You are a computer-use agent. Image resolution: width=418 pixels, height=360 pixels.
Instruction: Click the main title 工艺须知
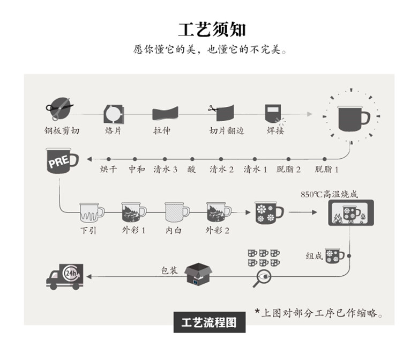(x=212, y=30)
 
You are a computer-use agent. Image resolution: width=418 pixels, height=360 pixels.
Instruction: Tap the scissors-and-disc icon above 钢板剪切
(x=59, y=108)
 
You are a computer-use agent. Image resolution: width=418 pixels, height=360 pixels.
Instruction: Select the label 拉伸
(x=162, y=130)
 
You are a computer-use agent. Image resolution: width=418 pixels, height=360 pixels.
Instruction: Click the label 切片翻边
(x=227, y=130)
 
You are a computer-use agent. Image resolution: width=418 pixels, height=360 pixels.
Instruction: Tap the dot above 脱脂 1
(x=324, y=159)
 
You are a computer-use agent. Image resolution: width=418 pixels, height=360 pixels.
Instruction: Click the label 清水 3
(x=165, y=169)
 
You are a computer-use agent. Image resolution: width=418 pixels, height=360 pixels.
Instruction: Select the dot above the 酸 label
(x=192, y=159)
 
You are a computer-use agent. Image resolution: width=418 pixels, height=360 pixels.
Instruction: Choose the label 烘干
(x=108, y=169)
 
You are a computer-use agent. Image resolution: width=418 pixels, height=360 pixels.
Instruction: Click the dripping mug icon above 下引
(x=92, y=212)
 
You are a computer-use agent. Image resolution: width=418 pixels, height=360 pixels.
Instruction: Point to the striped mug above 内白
(x=177, y=212)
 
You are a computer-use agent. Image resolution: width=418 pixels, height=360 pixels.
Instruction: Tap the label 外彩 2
(x=217, y=230)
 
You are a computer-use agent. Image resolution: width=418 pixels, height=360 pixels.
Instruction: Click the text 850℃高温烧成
(x=329, y=194)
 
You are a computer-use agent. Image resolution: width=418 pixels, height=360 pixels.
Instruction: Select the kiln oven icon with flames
(x=351, y=212)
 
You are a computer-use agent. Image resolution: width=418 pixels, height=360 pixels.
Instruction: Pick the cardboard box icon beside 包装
(x=198, y=274)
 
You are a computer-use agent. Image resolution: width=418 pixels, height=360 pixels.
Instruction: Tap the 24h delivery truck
(x=65, y=277)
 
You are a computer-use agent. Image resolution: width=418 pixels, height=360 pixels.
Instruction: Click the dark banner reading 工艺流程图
(x=210, y=322)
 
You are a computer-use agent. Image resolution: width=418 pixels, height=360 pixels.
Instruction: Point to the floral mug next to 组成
(x=334, y=256)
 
